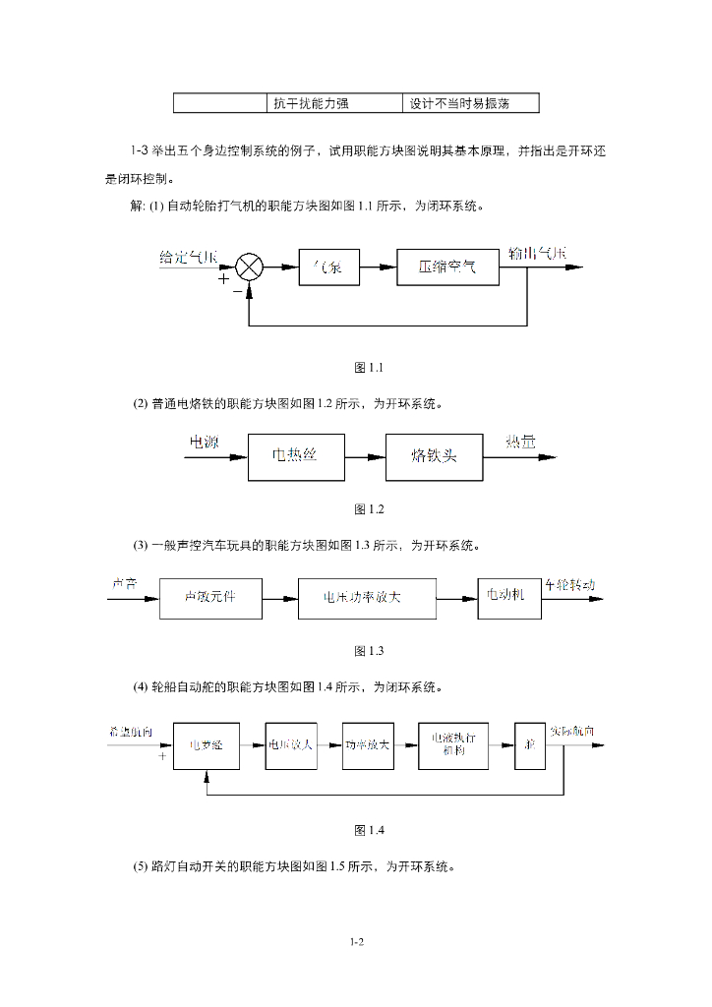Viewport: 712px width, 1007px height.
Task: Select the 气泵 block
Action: [328, 267]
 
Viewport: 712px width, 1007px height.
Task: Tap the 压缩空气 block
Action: [447, 267]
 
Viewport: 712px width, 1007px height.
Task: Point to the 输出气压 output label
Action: [537, 253]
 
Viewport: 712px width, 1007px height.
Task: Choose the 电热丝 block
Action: [296, 456]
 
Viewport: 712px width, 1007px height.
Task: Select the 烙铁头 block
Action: [434, 456]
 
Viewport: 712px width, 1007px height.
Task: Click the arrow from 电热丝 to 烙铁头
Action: [365, 457]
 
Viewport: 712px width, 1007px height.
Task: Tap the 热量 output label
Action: [521, 444]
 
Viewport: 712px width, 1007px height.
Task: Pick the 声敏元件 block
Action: [210, 597]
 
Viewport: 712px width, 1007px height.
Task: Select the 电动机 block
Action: [508, 597]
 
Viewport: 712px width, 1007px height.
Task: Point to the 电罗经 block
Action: [206, 745]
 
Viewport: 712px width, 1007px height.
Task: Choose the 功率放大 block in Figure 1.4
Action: [367, 744]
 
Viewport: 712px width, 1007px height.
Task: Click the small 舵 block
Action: [529, 744]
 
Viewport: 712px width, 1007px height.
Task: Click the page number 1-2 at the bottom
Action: [356, 941]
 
